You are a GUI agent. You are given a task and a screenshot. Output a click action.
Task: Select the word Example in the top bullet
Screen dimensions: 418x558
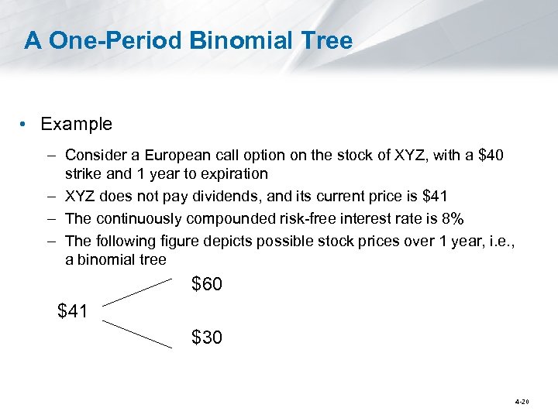76,124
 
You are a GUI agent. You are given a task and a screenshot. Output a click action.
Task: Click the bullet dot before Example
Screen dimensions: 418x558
26,125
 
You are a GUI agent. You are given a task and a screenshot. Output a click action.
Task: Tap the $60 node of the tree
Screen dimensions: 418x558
207,285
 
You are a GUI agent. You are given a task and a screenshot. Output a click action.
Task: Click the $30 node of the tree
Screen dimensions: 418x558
207,337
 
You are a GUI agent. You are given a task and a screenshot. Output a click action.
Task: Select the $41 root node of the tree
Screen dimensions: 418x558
74,311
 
